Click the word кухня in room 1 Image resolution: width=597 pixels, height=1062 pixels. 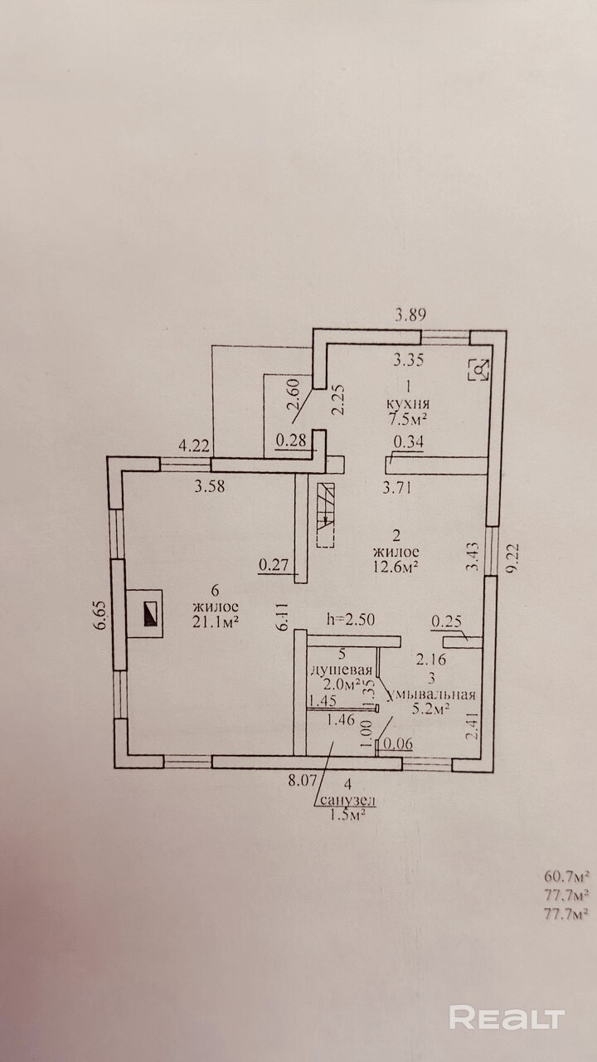(408, 403)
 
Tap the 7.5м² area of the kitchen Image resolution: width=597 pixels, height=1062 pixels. (408, 419)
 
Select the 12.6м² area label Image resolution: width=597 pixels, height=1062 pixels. (396, 567)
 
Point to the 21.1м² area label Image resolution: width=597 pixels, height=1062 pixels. (215, 621)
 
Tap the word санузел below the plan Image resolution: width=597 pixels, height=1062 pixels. (347, 800)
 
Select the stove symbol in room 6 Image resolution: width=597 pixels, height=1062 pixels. (144, 613)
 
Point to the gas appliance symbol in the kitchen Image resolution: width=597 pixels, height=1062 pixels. (479, 369)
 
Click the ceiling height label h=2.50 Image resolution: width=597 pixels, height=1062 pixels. (351, 619)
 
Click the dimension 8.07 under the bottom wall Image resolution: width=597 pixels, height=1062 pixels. (303, 781)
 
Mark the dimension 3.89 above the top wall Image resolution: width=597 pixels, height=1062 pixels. (410, 314)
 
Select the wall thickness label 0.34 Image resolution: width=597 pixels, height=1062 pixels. (409, 442)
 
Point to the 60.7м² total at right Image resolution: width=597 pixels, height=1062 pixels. (566, 875)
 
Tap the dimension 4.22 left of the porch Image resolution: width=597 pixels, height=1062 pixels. (194, 446)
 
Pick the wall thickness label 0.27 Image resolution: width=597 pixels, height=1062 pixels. (274, 565)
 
